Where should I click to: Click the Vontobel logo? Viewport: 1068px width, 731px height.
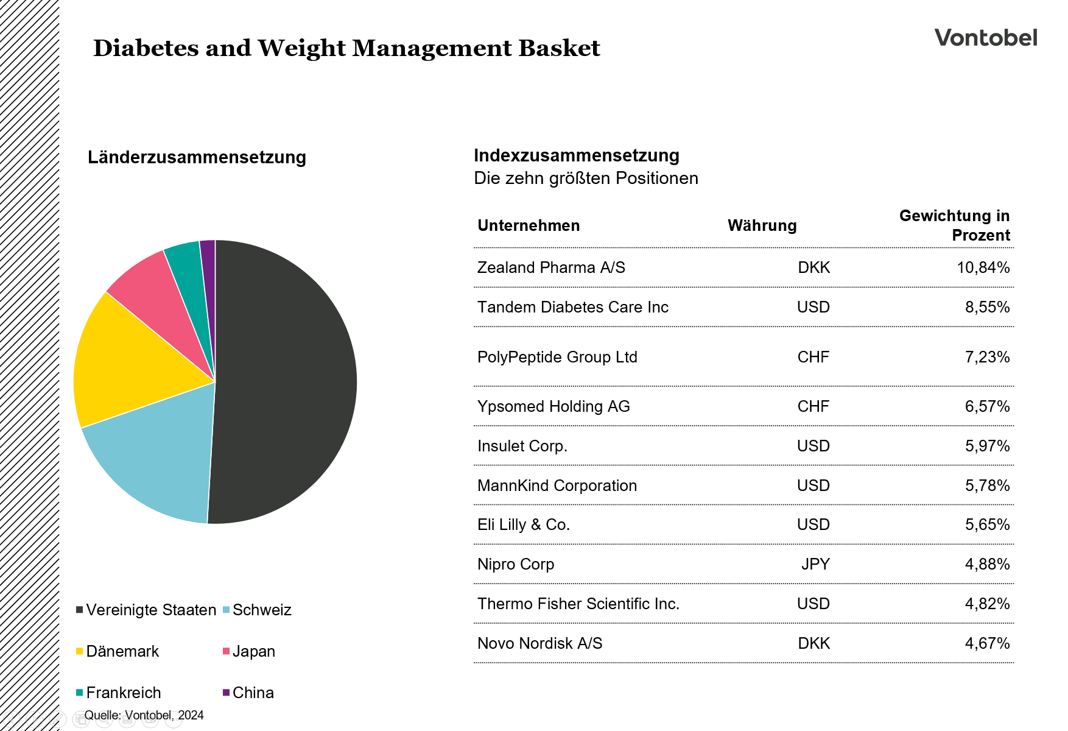[x=985, y=38]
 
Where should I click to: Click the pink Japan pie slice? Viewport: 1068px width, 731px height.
[x=158, y=286]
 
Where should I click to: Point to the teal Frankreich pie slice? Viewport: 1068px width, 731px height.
[x=189, y=268]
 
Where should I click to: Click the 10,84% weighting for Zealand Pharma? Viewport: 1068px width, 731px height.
[x=983, y=267]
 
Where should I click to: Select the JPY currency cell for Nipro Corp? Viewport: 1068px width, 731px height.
[x=815, y=564]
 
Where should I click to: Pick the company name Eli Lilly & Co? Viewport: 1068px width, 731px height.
[x=524, y=524]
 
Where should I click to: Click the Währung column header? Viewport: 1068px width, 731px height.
[x=762, y=225]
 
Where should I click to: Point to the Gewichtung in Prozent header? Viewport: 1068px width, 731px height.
[x=954, y=225]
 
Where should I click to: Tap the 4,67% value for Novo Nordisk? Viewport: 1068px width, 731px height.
[x=987, y=643]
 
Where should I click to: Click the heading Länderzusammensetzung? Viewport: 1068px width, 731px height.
[x=197, y=157]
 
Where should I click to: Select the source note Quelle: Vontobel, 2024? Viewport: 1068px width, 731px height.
[x=144, y=715]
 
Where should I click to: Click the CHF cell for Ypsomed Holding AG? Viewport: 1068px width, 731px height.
[x=813, y=406]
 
